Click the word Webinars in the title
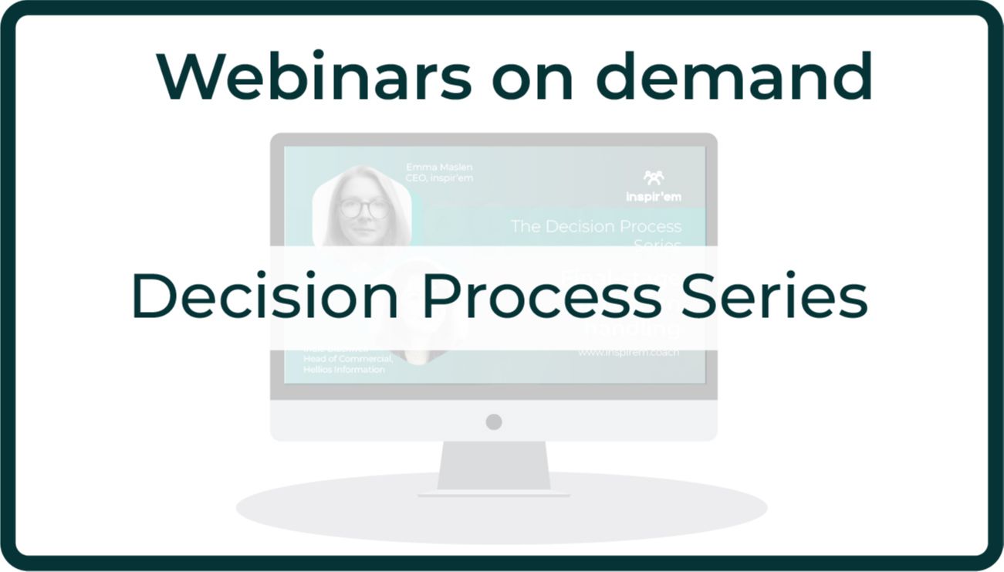[313, 76]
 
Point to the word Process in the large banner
[541, 296]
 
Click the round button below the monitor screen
[494, 421]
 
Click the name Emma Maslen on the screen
[438, 168]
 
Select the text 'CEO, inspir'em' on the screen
[439, 179]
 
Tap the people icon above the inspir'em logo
[654, 178]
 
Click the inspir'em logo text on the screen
[654, 197]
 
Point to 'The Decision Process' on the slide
[596, 226]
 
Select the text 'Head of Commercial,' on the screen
[348, 358]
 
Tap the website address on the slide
[629, 354]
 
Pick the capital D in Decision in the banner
[154, 296]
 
